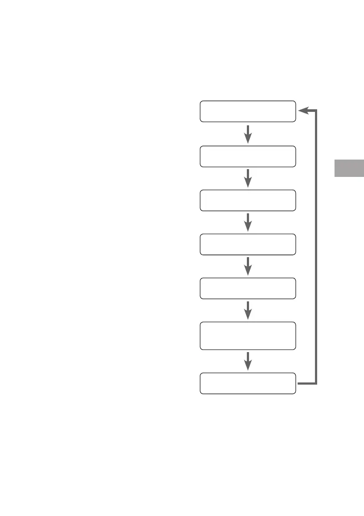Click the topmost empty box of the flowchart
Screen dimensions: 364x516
coord(248,111)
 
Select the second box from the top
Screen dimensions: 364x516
coord(248,156)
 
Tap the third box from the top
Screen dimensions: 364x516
coord(248,200)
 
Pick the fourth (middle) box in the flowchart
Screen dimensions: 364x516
coord(248,244)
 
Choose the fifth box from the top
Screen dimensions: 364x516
coord(248,288)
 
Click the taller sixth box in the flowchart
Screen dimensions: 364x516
coord(248,336)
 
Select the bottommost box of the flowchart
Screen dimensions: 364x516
coord(248,383)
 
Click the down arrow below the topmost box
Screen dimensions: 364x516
coord(248,134)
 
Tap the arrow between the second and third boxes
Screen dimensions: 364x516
coord(248,178)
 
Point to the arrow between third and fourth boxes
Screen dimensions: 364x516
coord(248,222)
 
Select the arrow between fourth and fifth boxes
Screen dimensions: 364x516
coord(248,266)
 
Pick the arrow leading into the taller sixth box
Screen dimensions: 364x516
coord(248,310)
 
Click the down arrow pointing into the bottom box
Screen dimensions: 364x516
coord(248,361)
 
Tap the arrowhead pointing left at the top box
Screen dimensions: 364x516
coord(302,111)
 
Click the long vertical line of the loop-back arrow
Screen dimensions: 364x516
coord(316,247)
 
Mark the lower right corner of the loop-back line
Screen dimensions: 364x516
coord(316,383)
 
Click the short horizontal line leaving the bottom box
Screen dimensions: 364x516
coord(306,383)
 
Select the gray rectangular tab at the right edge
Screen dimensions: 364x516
coord(349,169)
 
